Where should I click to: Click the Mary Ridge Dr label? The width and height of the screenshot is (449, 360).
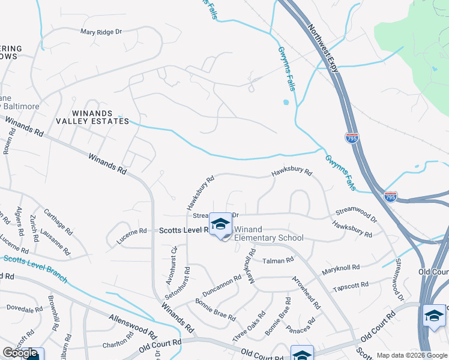(101, 31)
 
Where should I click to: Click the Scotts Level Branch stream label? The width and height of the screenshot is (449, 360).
(34, 269)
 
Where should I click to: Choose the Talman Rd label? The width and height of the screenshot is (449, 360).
(277, 260)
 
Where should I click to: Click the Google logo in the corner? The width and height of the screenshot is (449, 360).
(20, 353)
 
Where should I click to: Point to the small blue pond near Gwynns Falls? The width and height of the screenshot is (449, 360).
(285, 102)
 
